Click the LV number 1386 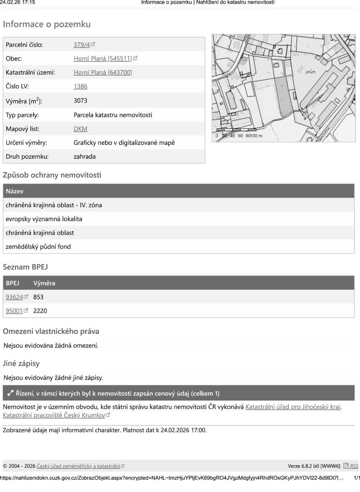coord(80,86)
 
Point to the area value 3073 coord(80,101)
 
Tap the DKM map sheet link coord(80,129)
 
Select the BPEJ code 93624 coord(16,297)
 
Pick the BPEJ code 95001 coord(16,311)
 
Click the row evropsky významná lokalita coord(41,219)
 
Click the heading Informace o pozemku coord(47,24)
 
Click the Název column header coord(15,191)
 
